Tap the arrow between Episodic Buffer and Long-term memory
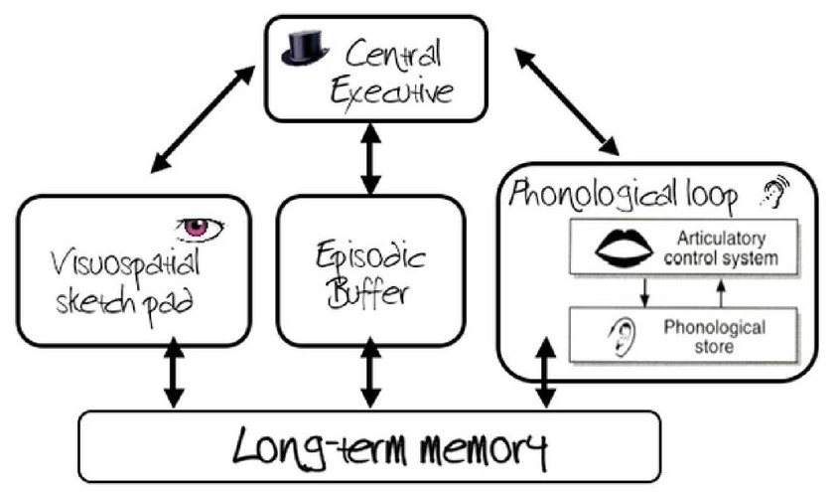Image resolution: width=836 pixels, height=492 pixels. tap(370, 376)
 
